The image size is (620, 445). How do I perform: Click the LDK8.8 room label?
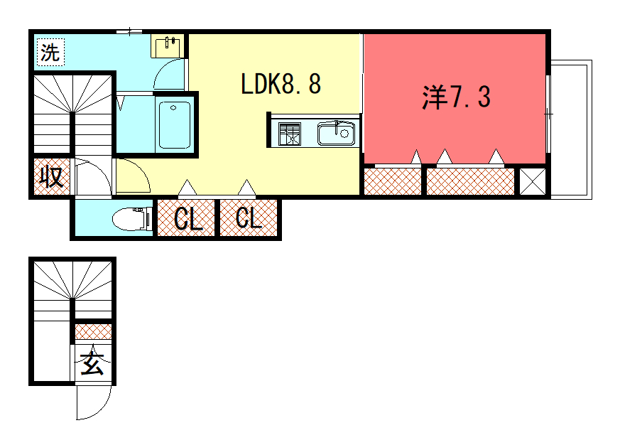point(281,85)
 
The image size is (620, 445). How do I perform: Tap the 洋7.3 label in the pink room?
point(456,97)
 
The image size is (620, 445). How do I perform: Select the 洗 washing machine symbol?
point(50,52)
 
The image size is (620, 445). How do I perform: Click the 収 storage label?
point(52,177)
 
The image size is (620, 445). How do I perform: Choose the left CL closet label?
point(187,219)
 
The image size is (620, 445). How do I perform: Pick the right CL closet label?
point(248,219)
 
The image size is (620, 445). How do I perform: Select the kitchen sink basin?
point(335,133)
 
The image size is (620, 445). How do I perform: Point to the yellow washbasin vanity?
point(167,46)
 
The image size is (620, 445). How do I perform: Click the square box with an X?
point(532,181)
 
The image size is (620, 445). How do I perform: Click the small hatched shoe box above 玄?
point(93,331)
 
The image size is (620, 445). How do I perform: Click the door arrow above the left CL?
point(187,188)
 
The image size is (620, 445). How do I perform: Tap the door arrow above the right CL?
point(246,188)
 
